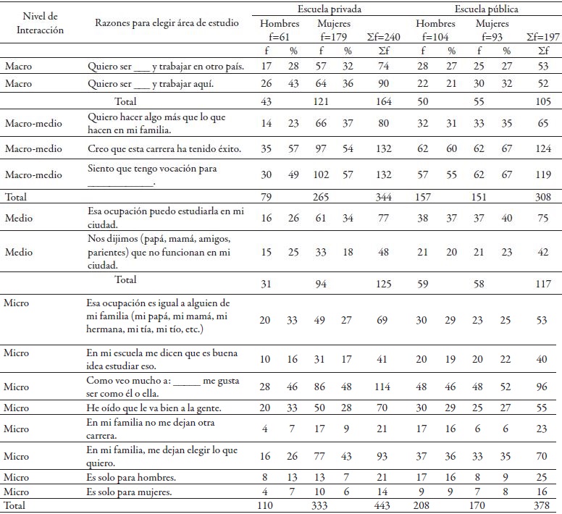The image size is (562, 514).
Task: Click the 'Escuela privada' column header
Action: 330,9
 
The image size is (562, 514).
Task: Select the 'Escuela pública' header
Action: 487,9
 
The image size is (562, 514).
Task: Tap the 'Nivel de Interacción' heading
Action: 40,23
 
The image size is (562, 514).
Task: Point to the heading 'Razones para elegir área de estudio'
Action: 167,23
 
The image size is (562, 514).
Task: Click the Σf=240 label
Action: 383,37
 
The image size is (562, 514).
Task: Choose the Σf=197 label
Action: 543,37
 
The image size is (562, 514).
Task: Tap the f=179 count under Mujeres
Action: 334,37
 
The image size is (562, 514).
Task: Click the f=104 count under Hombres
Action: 435,37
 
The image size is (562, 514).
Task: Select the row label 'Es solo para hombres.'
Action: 131,478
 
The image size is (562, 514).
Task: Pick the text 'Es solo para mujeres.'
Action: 129,492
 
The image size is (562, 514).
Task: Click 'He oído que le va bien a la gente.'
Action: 154,408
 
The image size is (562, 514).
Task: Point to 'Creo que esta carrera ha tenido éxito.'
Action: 164,148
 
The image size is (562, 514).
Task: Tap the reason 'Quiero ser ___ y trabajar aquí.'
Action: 151,84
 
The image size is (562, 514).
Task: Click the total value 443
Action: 382,505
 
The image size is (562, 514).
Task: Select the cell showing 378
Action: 541,505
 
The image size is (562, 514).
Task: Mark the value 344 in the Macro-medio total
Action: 383,197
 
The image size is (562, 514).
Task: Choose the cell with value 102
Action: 321,174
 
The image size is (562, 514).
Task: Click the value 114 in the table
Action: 382,387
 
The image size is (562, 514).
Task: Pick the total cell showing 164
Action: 384,101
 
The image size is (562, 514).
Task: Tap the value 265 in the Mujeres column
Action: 321,197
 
